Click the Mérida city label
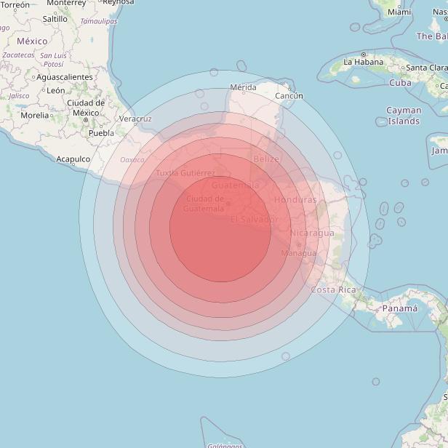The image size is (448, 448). tap(243, 87)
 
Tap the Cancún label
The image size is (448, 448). tap(289, 95)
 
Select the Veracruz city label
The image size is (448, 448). tap(135, 118)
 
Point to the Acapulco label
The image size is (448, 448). tap(73, 159)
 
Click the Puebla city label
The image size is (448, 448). tap(101, 133)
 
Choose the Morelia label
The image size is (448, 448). tap(35, 115)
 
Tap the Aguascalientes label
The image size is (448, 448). tap(65, 76)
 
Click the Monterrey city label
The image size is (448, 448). tap(66, 3)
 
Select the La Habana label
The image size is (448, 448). tap(362, 62)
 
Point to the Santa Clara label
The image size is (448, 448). tap(426, 68)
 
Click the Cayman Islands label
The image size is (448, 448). tap(404, 116)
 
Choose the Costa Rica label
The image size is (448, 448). tap(334, 289)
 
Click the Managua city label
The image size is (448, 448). tap(299, 253)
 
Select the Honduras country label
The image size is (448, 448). tap(295, 199)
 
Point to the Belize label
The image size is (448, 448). tap(266, 159)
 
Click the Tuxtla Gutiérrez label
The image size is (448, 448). tap(185, 173)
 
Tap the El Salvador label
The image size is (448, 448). tap(254, 219)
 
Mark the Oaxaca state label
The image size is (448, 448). tap(132, 159)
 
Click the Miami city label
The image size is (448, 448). tap(399, 12)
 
